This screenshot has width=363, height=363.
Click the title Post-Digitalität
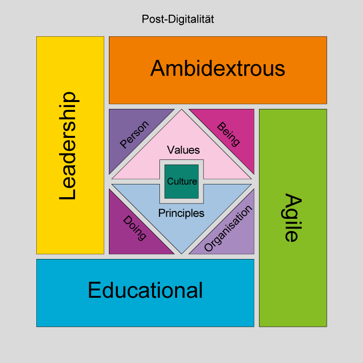coord(178,20)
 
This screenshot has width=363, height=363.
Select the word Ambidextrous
coord(217,69)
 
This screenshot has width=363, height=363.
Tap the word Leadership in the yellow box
coord(69,146)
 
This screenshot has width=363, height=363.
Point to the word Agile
coord(292,218)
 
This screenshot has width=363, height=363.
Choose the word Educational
coord(145,290)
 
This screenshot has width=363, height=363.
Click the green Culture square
coord(181,181)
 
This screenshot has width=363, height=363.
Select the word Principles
coord(181,213)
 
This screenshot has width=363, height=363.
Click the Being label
coord(229,134)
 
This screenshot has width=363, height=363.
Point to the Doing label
coord(135,228)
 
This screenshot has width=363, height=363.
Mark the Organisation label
coord(228,229)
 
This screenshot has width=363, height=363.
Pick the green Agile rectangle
coord(292,285)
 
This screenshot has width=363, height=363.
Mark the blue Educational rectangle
coord(145,314)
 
